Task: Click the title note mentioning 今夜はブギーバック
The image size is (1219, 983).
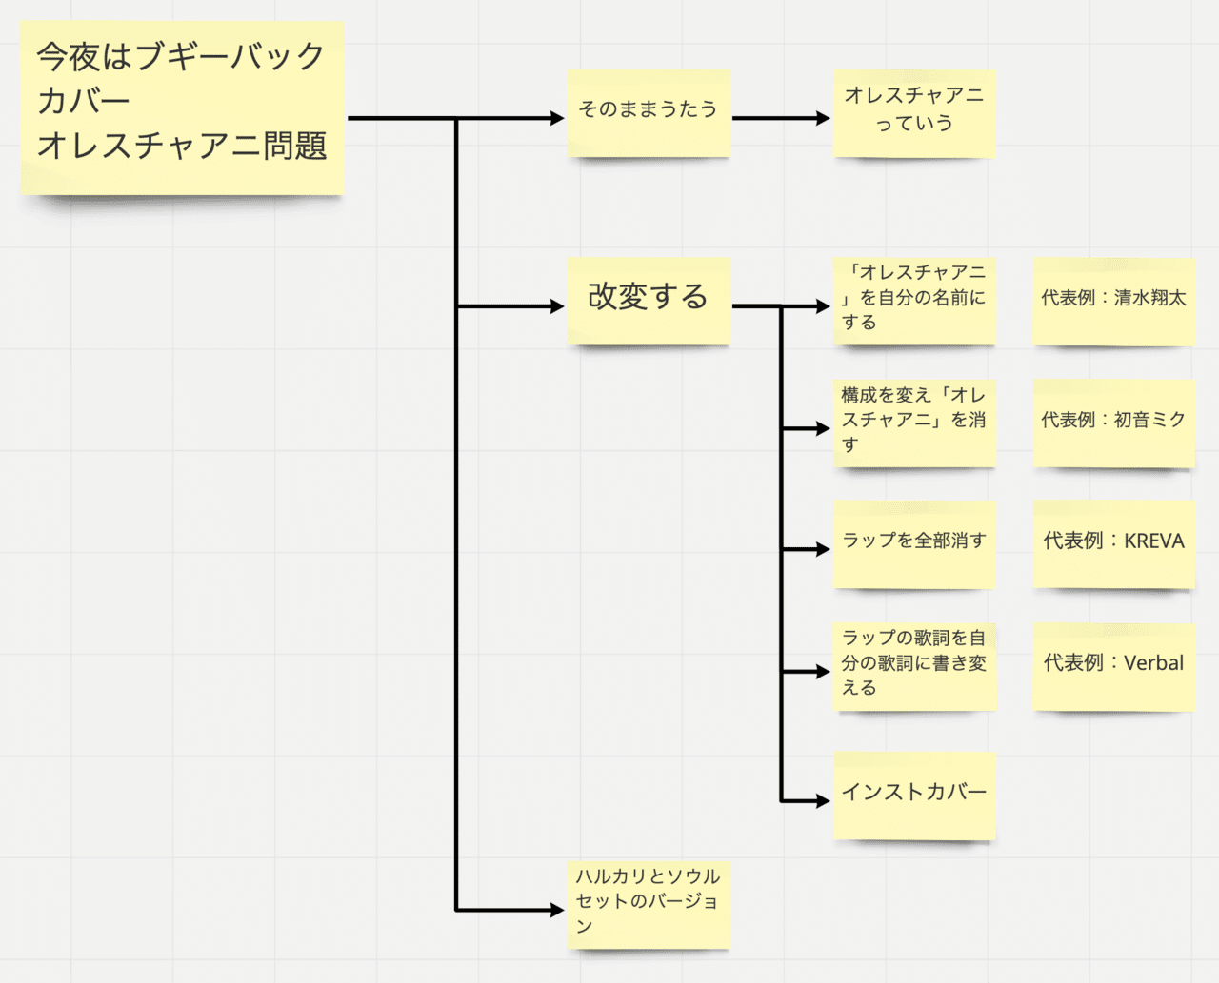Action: pyautogui.click(x=183, y=108)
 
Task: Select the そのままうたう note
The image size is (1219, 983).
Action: pyautogui.click(x=649, y=113)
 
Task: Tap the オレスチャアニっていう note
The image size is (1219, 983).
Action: pyautogui.click(x=914, y=113)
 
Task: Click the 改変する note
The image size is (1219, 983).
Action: pyautogui.click(x=649, y=301)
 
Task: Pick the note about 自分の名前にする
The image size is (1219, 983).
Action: pyautogui.click(x=914, y=301)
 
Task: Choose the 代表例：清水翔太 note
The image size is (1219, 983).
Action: pyautogui.click(x=1113, y=301)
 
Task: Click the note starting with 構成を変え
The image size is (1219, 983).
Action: pyautogui.click(x=914, y=423)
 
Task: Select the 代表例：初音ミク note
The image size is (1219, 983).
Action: pyautogui.click(x=1113, y=423)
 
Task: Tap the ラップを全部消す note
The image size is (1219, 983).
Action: pyautogui.click(x=914, y=544)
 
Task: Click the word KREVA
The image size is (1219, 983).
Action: pyautogui.click(x=1153, y=541)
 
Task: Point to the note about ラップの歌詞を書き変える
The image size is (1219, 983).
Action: pyautogui.click(x=914, y=667)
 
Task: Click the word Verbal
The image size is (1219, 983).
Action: pyautogui.click(x=1153, y=662)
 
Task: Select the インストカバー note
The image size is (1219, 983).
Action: pyautogui.click(x=914, y=796)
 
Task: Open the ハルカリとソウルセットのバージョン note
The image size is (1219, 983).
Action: pyautogui.click(x=649, y=905)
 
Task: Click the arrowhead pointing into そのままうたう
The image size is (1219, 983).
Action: pyautogui.click(x=557, y=118)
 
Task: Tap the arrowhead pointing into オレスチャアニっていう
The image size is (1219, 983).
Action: pyautogui.click(x=823, y=118)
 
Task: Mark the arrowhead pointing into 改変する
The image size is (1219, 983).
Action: pyautogui.click(x=557, y=306)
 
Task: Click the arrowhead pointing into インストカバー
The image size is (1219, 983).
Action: pyautogui.click(x=823, y=801)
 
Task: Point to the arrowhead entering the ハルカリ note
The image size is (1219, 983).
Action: pyautogui.click(x=557, y=910)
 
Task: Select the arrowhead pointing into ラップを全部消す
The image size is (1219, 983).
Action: pyautogui.click(x=823, y=549)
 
